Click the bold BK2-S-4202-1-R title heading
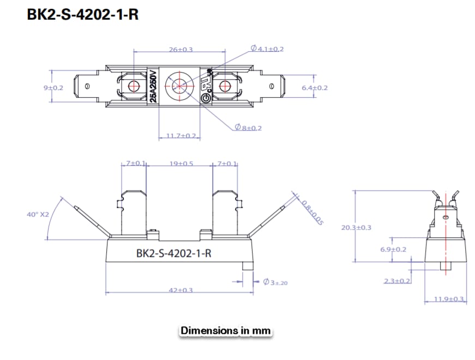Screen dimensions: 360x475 click(x=83, y=15)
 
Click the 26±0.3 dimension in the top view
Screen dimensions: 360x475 click(x=181, y=50)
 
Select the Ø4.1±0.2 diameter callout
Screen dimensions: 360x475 click(x=267, y=49)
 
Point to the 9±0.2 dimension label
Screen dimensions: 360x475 click(x=53, y=87)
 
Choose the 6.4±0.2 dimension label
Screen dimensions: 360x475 click(x=314, y=87)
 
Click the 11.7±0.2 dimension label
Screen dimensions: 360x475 click(x=181, y=135)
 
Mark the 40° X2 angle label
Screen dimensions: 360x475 click(x=38, y=214)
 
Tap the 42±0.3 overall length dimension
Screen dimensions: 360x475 click(x=181, y=290)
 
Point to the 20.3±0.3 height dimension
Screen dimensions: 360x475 click(x=356, y=227)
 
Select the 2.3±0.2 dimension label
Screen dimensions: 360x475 click(x=396, y=280)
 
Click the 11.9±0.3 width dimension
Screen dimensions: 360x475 click(x=448, y=299)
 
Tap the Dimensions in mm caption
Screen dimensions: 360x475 click(x=225, y=331)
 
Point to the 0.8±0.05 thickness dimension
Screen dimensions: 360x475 click(x=312, y=212)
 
